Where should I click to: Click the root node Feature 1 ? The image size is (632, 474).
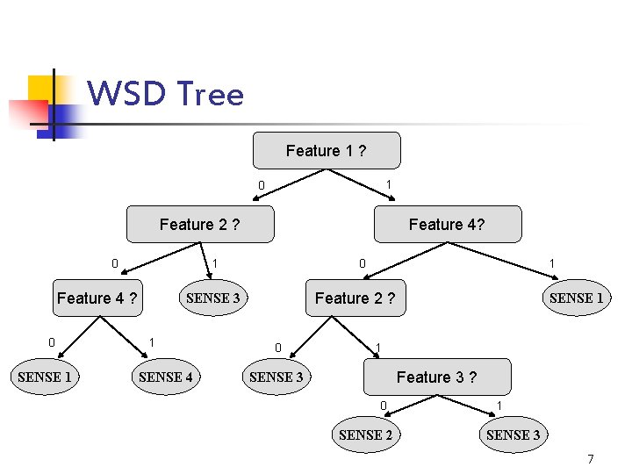(327, 150)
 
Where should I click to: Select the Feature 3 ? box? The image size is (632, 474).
(436, 377)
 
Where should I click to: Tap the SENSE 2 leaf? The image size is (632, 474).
(365, 434)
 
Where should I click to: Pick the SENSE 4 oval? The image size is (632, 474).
(165, 377)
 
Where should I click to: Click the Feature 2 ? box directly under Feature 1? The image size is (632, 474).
(200, 224)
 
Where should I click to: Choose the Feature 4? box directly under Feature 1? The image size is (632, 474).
(447, 224)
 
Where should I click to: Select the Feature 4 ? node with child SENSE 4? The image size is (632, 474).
(97, 298)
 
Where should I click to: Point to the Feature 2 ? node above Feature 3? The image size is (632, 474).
(355, 298)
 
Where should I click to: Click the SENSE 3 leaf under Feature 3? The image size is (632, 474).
(513, 434)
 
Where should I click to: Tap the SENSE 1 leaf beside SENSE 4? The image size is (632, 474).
(45, 377)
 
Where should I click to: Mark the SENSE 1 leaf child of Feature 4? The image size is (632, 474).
(576, 298)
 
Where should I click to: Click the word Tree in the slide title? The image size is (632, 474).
(210, 93)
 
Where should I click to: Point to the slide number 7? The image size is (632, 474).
(591, 459)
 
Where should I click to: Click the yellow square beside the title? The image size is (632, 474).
(41, 88)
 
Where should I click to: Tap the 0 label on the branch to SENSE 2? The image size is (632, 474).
(383, 405)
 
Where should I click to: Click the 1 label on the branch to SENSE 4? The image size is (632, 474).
(152, 341)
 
